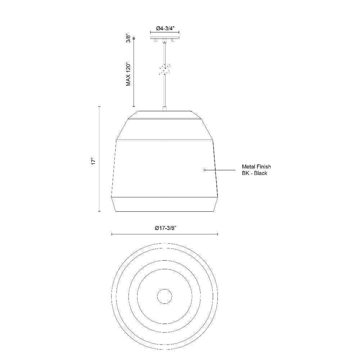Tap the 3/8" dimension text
129,39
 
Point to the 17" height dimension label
93,161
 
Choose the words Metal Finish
256,167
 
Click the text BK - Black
255,173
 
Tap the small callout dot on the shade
204,170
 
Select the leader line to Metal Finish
220,170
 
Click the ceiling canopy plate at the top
165,37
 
